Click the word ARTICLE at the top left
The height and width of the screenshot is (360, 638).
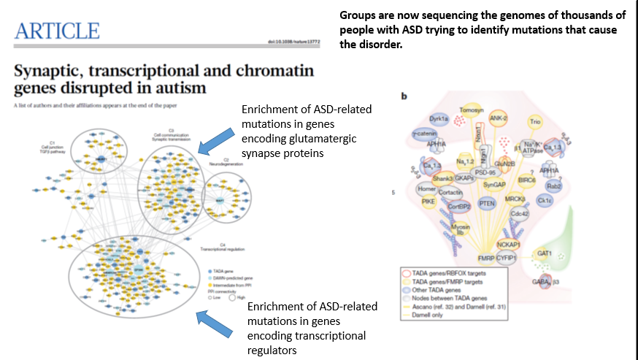point(55,31)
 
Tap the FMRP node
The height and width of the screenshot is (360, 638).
point(486,257)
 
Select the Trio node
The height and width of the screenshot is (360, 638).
point(556,122)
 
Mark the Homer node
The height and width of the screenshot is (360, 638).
point(427,189)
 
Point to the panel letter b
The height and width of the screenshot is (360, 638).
point(405,96)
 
